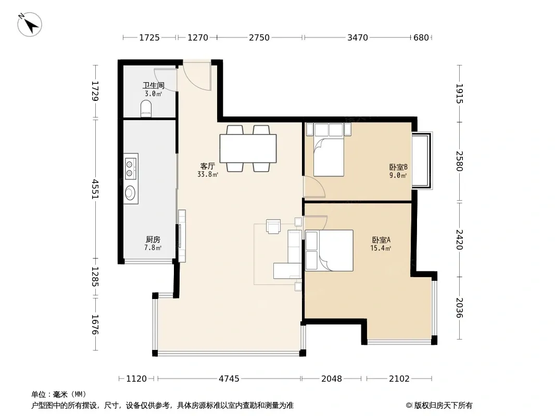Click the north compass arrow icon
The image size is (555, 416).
pyautogui.click(x=30, y=24)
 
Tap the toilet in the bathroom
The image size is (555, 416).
pyautogui.click(x=146, y=109)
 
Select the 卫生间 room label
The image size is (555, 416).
pyautogui.click(x=153, y=85)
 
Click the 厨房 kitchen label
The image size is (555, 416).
pyautogui.click(x=153, y=240)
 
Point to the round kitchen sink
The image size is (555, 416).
pyautogui.click(x=130, y=192)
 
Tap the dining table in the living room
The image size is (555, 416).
pyautogui.click(x=248, y=148)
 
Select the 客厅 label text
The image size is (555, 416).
pyautogui.click(x=207, y=166)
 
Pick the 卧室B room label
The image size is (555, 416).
pyautogui.click(x=398, y=167)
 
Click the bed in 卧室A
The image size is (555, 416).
pyautogui.click(x=329, y=251)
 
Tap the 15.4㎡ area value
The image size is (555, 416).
pyautogui.click(x=381, y=248)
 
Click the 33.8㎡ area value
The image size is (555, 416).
pyautogui.click(x=208, y=174)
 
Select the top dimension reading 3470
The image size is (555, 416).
pyautogui.click(x=358, y=37)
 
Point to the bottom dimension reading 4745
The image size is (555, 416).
pyautogui.click(x=229, y=379)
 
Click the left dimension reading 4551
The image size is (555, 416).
pyautogui.click(x=95, y=189)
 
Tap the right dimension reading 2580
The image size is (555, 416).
pyautogui.click(x=459, y=161)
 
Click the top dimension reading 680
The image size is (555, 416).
pyautogui.click(x=421, y=37)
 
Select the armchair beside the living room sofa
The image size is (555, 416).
pyautogui.click(x=273, y=226)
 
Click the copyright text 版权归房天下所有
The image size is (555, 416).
pyautogui.click(x=443, y=406)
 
